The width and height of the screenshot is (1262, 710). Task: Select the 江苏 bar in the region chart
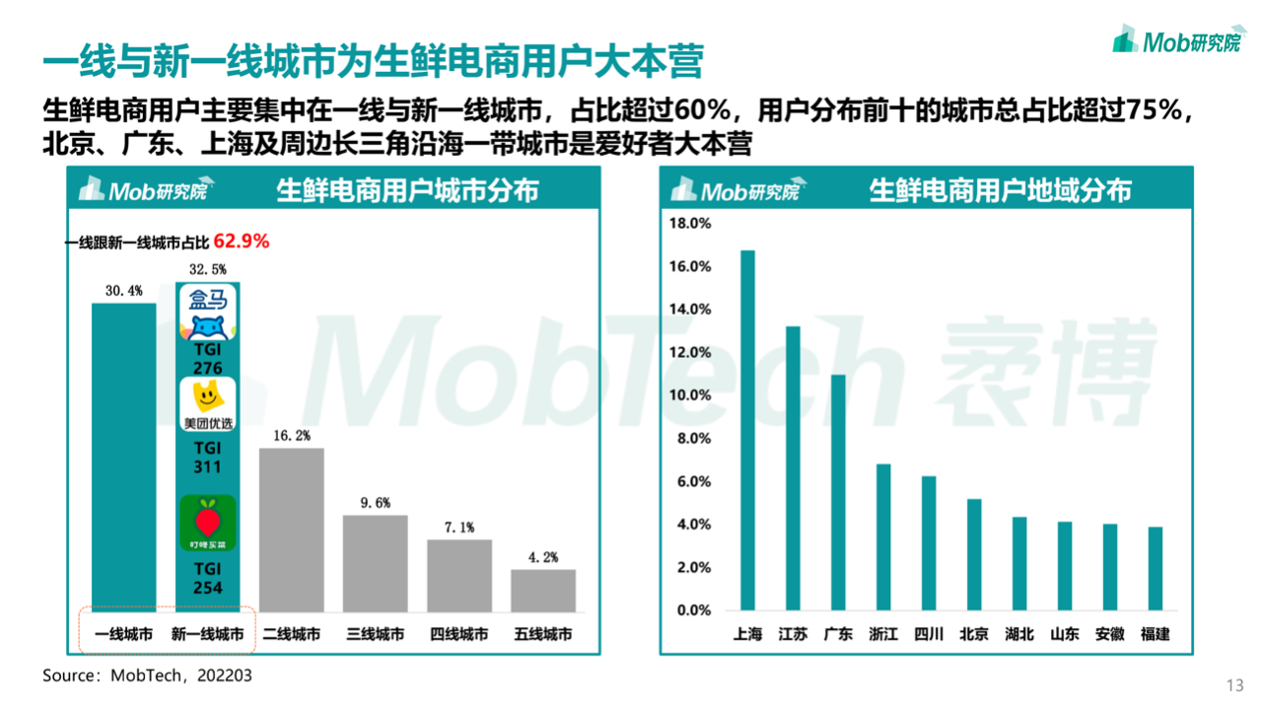point(793,468)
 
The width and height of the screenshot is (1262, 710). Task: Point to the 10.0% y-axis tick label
point(690,395)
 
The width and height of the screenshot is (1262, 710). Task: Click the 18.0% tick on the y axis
point(690,223)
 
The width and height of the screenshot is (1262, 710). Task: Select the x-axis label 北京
point(973,634)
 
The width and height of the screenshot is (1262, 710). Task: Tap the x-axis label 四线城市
point(458,634)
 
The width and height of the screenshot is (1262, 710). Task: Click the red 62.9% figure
point(242,241)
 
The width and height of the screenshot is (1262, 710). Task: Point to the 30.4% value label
point(123,291)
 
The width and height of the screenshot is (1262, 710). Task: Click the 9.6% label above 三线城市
point(375,503)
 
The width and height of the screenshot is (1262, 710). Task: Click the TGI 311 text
point(207,458)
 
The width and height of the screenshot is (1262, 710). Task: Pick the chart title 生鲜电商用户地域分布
point(1000,190)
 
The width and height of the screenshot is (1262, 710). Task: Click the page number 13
point(1233,686)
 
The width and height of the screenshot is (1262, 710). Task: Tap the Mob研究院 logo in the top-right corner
point(1176,40)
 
